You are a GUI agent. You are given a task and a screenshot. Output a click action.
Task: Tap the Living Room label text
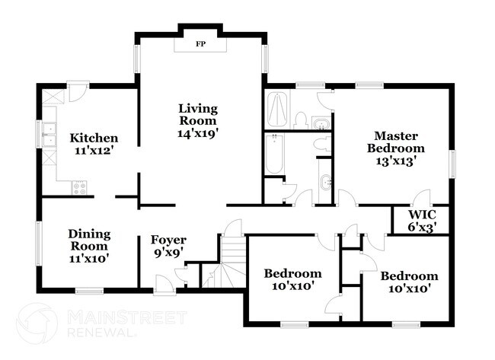[197, 114]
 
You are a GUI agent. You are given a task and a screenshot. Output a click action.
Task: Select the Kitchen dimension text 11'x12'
[94, 151]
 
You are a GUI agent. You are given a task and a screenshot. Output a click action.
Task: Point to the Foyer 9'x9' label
[168, 247]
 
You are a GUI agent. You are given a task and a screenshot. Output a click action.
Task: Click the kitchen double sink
[49, 135]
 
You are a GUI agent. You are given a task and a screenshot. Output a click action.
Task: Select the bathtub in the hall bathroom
[273, 155]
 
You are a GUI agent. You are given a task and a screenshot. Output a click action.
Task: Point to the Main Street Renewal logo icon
[36, 323]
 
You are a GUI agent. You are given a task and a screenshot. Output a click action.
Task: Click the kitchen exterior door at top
[77, 93]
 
